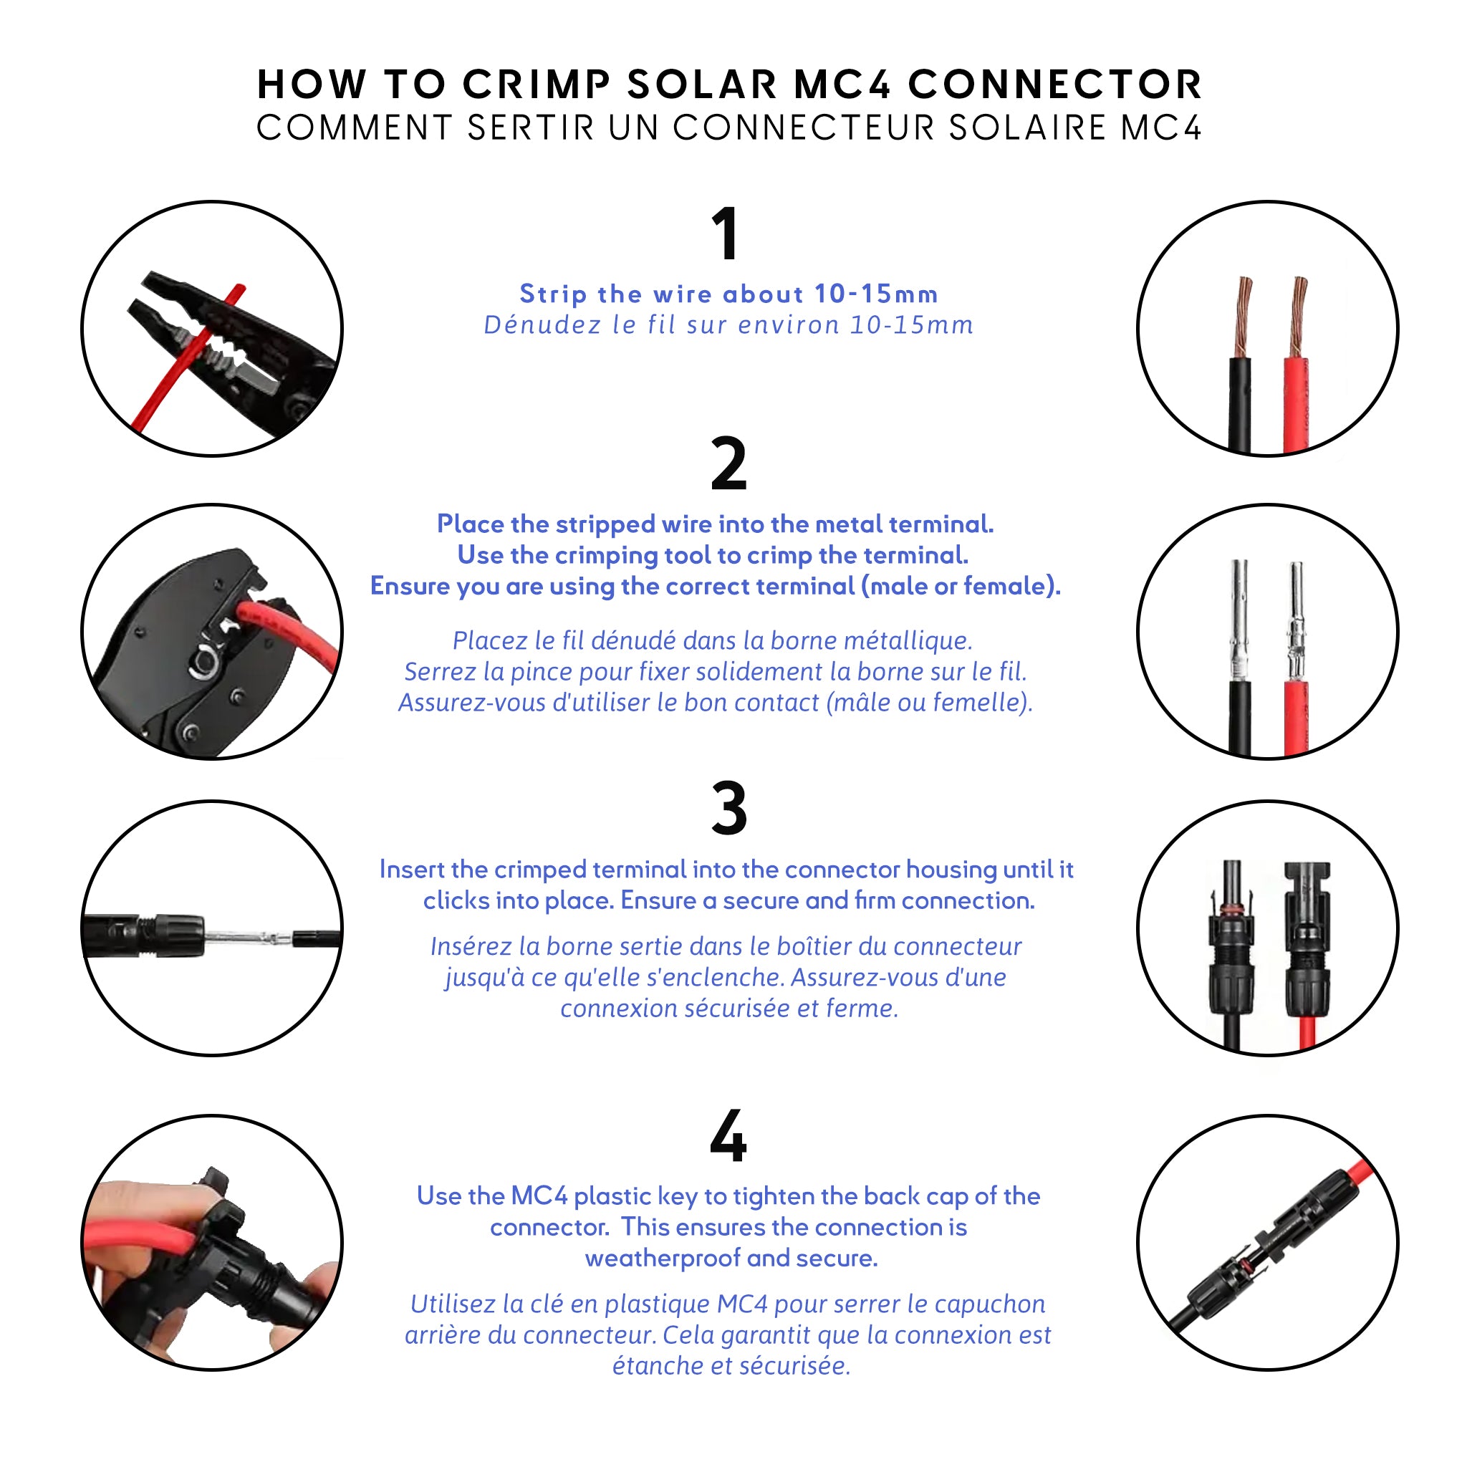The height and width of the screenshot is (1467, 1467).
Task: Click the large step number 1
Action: pyautogui.click(x=725, y=233)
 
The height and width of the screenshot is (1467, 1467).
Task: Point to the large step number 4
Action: pyautogui.click(x=728, y=1137)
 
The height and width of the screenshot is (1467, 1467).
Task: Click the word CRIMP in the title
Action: pyautogui.click(x=537, y=85)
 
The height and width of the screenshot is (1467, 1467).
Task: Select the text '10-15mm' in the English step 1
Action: pyautogui.click(x=876, y=294)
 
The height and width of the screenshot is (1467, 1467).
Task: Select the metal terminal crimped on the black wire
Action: pyautogui.click(x=1239, y=620)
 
